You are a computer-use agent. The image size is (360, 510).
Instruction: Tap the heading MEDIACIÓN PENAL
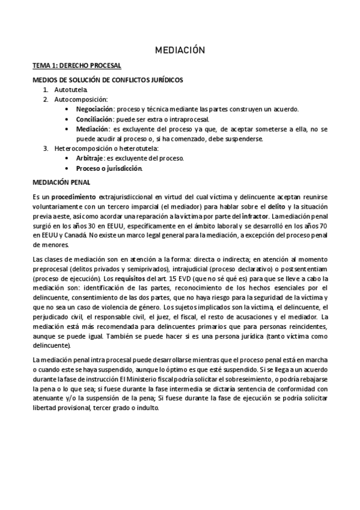(x=62, y=181)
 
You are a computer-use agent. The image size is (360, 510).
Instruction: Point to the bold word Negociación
(x=94, y=109)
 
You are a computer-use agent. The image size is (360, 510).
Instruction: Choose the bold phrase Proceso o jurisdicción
(x=109, y=168)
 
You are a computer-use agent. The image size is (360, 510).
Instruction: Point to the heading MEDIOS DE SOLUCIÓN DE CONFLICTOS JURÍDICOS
(x=108, y=79)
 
